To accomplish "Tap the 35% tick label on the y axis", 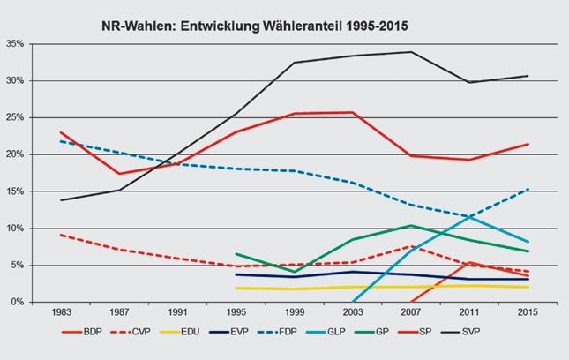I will coord(16,43).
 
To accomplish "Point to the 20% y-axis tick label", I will coord(16,154).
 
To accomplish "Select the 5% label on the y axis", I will coord(19,265).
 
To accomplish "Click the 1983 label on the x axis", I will coord(61,312).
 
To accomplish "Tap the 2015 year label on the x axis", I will coord(527,312).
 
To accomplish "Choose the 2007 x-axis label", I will coord(410,312).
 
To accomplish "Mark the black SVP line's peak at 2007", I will coord(410,52).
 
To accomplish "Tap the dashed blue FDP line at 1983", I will coord(61,141).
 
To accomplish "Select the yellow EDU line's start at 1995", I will coord(236,288).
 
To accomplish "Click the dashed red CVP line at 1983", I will coord(61,235).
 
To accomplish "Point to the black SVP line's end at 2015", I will coord(527,76).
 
